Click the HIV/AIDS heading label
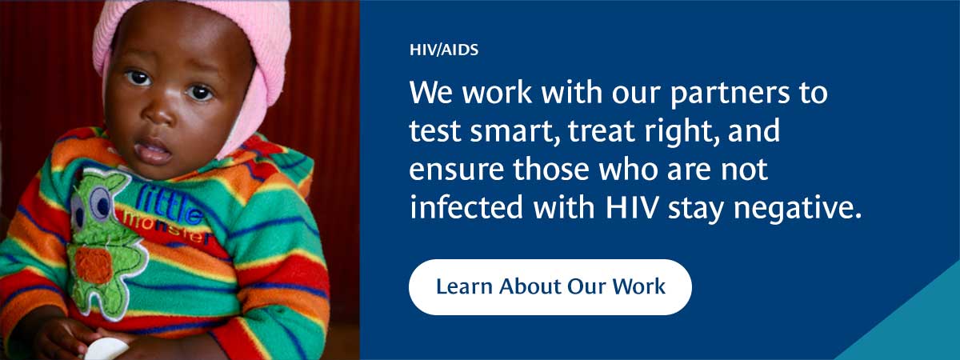click(444, 50)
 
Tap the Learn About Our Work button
click(550, 287)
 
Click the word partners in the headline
click(730, 94)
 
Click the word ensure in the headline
click(457, 170)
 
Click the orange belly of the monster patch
click(94, 266)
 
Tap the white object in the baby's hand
click(106, 350)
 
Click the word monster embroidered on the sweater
click(167, 229)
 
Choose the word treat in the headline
click(600, 131)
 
